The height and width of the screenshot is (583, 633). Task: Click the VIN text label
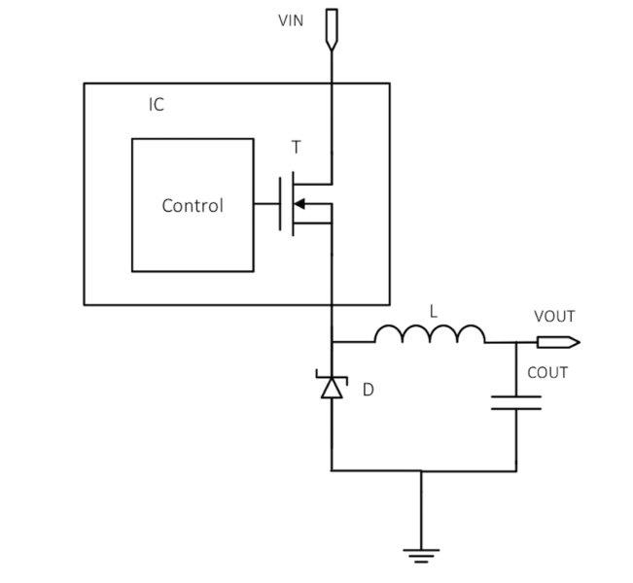(x=291, y=20)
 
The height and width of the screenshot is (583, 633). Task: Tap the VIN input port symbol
(x=332, y=30)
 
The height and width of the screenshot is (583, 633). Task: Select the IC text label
(x=157, y=105)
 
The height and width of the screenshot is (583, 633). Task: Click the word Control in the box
(x=193, y=206)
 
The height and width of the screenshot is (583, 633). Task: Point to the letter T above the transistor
(x=296, y=148)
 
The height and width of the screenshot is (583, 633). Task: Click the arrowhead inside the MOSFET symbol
(x=299, y=204)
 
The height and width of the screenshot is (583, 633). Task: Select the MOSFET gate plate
(x=280, y=204)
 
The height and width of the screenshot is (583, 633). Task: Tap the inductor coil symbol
(x=430, y=334)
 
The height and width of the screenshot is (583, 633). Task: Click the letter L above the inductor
(x=433, y=312)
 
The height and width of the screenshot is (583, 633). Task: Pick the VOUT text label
(x=554, y=317)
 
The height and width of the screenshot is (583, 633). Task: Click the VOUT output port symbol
(x=559, y=343)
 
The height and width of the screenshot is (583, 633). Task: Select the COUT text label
(x=547, y=372)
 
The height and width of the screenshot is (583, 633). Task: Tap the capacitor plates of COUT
(x=516, y=402)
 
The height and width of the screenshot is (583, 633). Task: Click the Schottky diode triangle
(x=332, y=388)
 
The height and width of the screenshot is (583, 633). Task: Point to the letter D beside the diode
(x=369, y=390)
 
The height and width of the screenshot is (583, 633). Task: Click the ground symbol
(x=421, y=556)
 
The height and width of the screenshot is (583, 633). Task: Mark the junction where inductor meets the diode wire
(x=332, y=342)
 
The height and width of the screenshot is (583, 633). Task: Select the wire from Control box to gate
(x=266, y=204)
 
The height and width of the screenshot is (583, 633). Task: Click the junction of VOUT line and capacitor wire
(x=516, y=343)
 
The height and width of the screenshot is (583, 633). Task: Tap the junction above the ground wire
(x=421, y=470)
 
